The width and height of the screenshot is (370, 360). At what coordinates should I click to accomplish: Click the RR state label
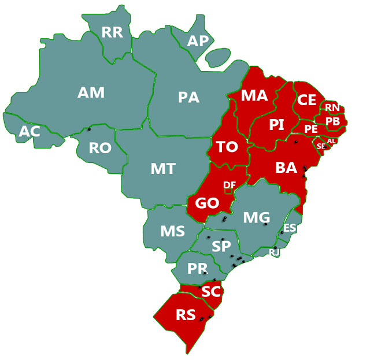tap(112, 32)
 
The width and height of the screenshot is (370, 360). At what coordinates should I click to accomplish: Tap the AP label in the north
tap(198, 40)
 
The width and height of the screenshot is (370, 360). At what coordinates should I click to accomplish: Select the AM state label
tap(91, 92)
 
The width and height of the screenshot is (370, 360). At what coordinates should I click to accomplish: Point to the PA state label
tap(188, 97)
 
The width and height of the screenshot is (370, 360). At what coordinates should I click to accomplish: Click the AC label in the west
tap(29, 132)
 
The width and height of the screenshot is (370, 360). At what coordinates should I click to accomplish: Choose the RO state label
tap(100, 149)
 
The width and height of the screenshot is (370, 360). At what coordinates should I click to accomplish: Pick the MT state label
tap(163, 169)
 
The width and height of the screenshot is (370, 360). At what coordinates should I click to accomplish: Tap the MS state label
tap(172, 232)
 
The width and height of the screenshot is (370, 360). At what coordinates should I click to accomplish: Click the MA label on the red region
tap(254, 95)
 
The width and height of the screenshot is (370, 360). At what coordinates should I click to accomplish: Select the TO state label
tap(227, 147)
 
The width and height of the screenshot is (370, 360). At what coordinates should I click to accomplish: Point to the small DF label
tap(230, 185)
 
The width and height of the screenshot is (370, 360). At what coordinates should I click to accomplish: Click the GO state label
tap(206, 204)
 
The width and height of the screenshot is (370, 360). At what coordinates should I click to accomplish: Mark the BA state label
tap(286, 168)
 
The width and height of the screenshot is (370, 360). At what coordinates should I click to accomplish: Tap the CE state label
tap(306, 100)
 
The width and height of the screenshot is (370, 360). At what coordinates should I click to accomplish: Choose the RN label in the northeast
tap(332, 107)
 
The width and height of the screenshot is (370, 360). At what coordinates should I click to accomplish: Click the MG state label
tap(256, 217)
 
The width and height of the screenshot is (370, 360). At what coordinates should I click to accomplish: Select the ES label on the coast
tap(290, 228)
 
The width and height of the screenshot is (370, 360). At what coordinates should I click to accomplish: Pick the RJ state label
tap(275, 253)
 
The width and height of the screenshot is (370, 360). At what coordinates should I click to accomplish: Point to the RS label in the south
tap(186, 315)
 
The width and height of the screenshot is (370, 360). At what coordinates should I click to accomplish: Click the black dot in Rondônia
tap(88, 129)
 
